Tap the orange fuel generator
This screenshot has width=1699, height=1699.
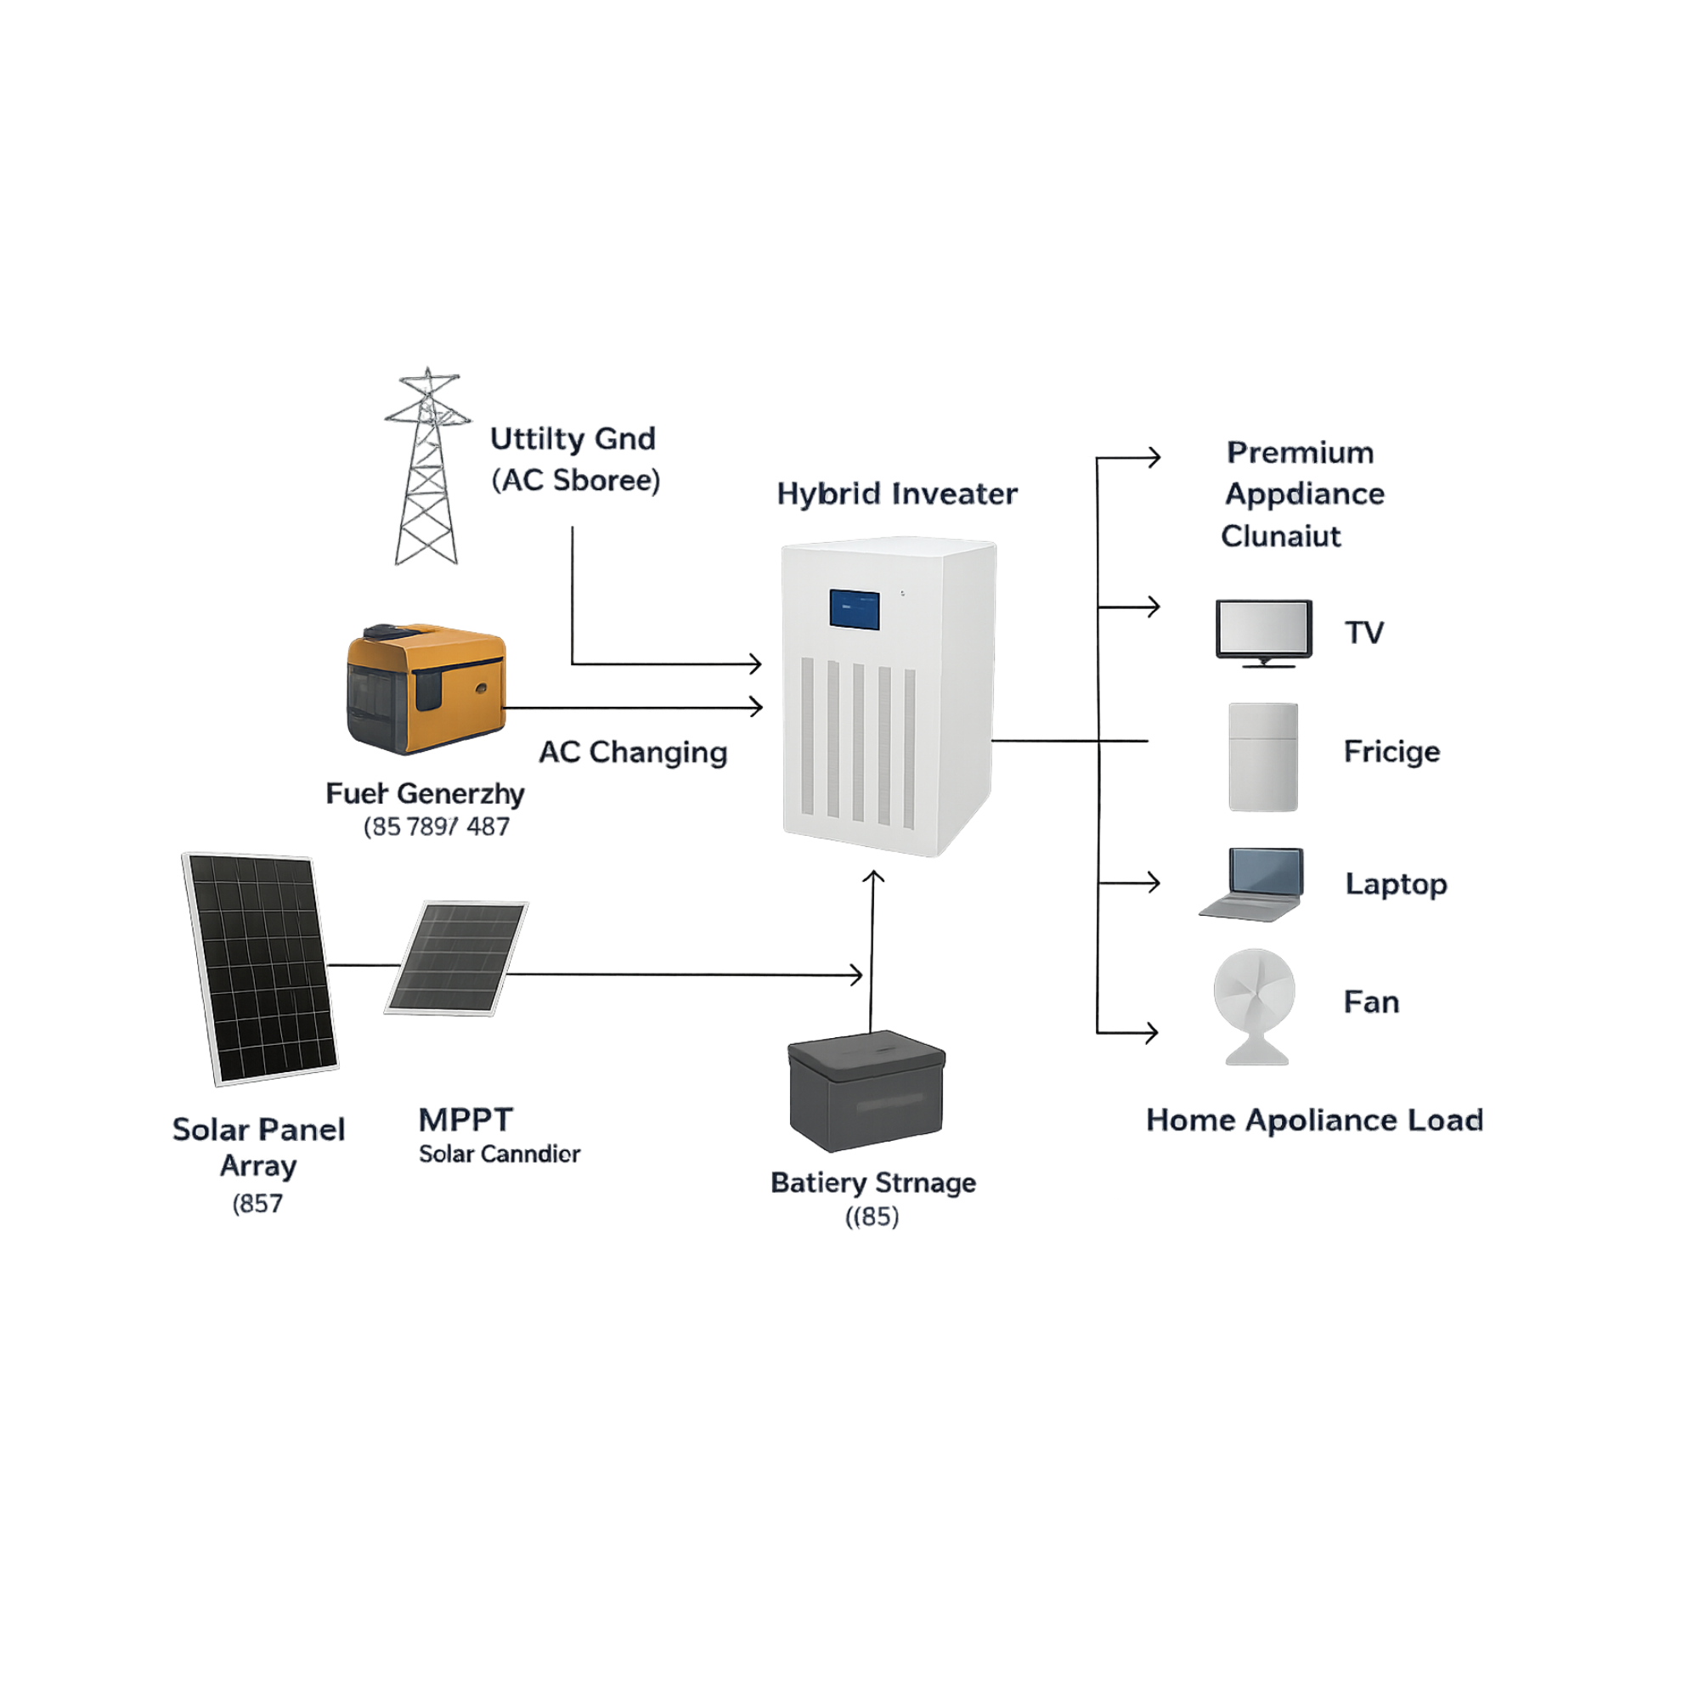(426, 690)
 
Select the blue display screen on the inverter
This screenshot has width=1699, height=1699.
(854, 609)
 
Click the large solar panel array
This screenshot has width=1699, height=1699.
(260, 968)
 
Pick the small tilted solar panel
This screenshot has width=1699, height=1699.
(456, 957)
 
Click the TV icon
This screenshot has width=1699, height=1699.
(1264, 632)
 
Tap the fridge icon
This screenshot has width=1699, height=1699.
(1263, 756)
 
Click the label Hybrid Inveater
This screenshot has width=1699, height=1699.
(897, 494)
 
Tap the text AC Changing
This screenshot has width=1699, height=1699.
(633, 753)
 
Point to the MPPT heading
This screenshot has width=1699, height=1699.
(466, 1120)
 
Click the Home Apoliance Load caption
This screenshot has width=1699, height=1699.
(1315, 1120)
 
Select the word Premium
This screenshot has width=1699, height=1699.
(1300, 453)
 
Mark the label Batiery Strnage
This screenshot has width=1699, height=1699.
(873, 1183)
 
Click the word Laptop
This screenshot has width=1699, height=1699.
(1396, 883)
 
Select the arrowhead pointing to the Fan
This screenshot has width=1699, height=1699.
(1152, 1031)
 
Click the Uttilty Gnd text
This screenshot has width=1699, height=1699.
(573, 439)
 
